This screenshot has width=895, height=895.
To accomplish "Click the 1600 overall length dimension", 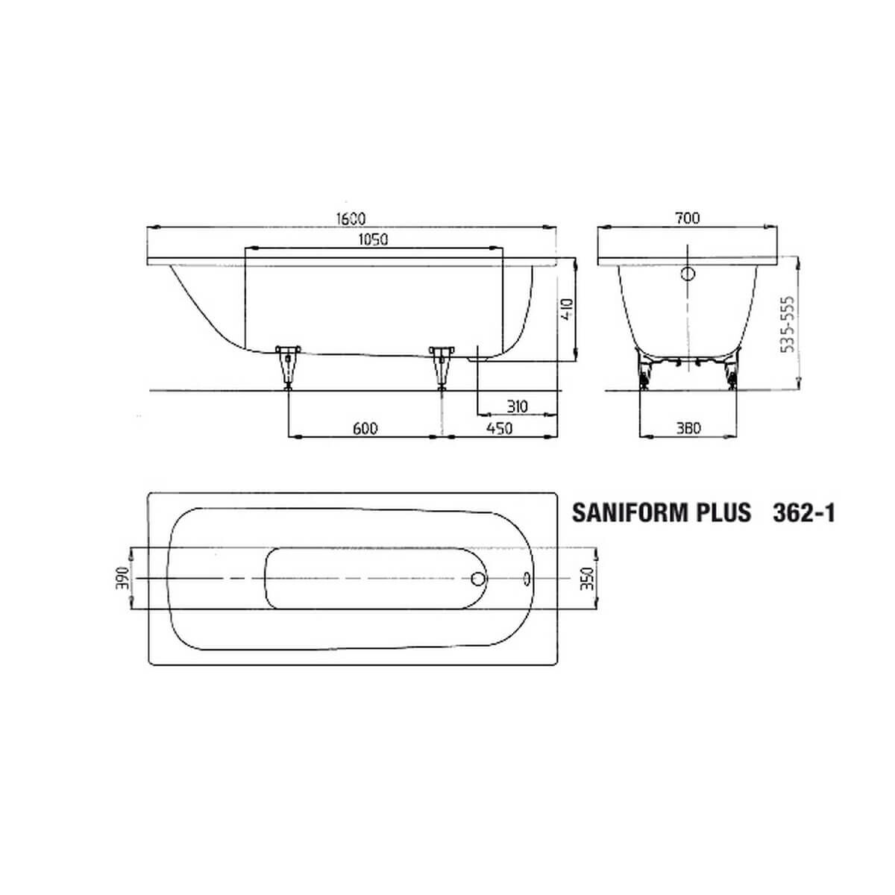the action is (351, 218).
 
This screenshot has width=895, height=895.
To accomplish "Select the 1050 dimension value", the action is (373, 239).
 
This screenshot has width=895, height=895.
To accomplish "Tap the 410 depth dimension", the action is (568, 310).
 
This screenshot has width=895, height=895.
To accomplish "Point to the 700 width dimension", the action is (688, 218).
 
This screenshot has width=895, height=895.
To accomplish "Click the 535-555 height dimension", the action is (788, 324).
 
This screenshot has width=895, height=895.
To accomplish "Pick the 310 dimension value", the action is (517, 406).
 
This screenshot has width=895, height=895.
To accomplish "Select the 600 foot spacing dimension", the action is (365, 428).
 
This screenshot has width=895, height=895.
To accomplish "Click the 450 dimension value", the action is (500, 428).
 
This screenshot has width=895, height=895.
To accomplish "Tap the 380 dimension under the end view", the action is (688, 428).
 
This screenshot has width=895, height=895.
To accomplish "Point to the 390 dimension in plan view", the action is (122, 578).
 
